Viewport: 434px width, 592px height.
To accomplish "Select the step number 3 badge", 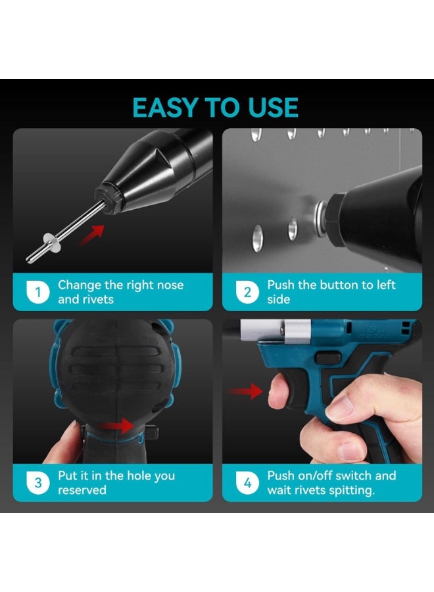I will pyautogui.click(x=38, y=483).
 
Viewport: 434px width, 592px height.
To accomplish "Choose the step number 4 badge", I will pyautogui.click(x=247, y=483).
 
